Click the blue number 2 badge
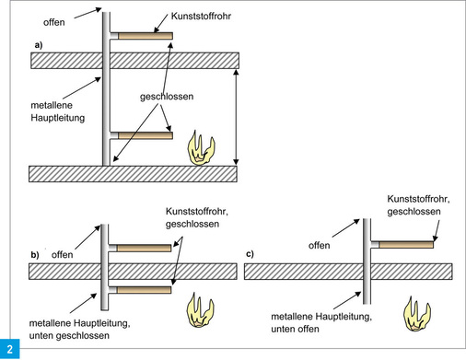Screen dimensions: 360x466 click(10, 349)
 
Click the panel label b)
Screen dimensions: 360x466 click(34, 253)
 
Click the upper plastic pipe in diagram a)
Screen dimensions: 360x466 click(144, 37)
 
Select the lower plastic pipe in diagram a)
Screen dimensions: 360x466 click(144, 136)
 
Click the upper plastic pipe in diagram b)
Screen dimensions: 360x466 click(143, 247)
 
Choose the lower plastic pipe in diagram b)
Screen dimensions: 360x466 click(143, 289)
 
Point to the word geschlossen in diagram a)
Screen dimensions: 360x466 click(169, 96)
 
